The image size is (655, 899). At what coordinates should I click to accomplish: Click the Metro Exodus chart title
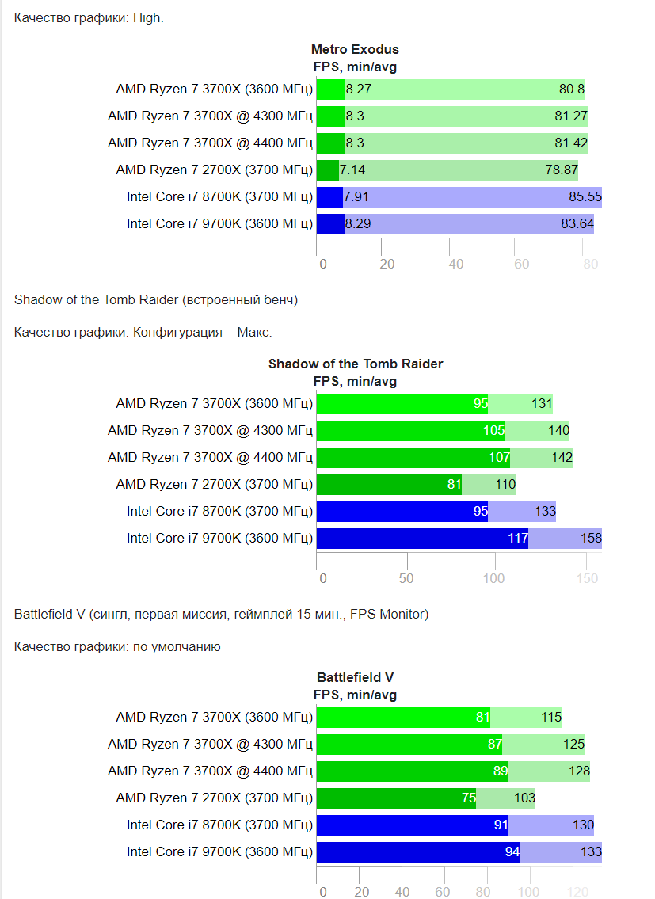[x=355, y=49]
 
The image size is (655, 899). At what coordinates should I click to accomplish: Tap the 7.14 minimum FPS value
[x=352, y=170]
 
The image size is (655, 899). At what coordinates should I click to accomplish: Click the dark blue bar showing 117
[x=421, y=539]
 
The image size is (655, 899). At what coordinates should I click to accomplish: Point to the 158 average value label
[x=591, y=539]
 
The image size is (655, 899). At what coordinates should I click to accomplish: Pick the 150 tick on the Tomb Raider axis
[x=587, y=578]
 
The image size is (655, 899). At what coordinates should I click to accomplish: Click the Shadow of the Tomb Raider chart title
[x=355, y=364]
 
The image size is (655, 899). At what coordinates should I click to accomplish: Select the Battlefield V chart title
[x=355, y=677]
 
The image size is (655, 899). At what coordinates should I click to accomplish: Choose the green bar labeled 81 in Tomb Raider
[x=388, y=485]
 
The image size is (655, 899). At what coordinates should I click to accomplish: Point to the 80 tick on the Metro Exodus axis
[x=590, y=264]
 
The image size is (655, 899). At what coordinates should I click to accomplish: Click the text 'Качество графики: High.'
[x=89, y=17]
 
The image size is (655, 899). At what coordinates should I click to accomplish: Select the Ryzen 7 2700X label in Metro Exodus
[x=214, y=170]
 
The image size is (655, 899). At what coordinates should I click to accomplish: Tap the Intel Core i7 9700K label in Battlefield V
[x=219, y=852]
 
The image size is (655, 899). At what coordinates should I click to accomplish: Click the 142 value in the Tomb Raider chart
[x=561, y=458]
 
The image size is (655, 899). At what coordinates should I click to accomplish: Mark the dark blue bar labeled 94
[x=417, y=852]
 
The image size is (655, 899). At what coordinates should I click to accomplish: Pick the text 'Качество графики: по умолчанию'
[x=117, y=646]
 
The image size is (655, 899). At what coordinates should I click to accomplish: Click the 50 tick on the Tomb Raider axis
[x=406, y=578]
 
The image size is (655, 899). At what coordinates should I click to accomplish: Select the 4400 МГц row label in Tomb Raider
[x=210, y=458]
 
